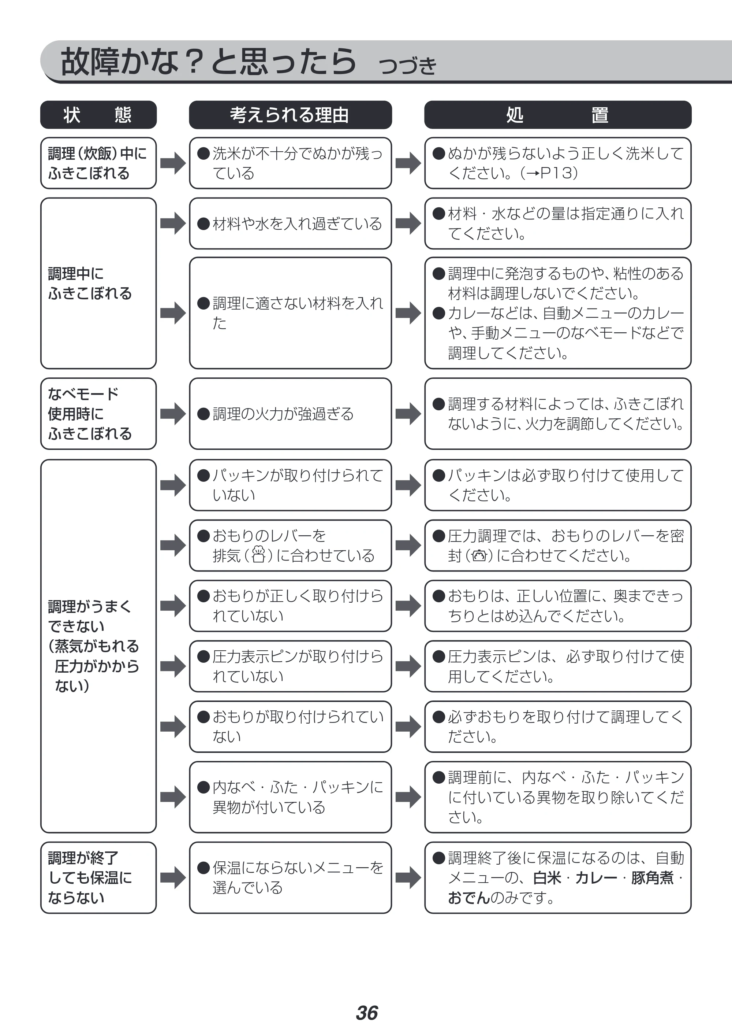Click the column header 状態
point(98,115)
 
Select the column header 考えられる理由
point(290,115)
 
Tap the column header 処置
point(557,115)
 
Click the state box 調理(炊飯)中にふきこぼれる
point(98,163)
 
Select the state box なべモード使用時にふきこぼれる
point(98,414)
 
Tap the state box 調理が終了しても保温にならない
point(98,877)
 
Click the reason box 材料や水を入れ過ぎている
point(290,223)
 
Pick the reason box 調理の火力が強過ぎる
point(290,414)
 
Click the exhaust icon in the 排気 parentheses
point(258,555)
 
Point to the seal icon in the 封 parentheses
point(479,555)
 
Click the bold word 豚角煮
point(652,877)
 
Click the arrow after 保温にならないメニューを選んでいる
point(408,877)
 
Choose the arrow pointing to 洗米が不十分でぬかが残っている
point(173,163)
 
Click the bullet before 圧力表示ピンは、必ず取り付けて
point(439,657)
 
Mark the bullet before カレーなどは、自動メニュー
point(439,313)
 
